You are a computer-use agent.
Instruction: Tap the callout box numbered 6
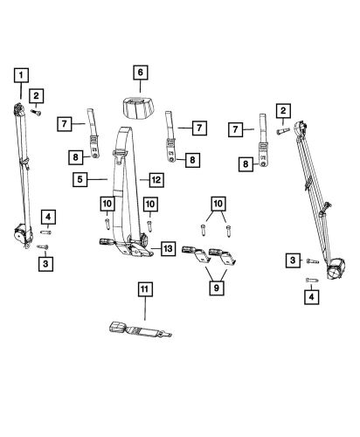click(x=139, y=73)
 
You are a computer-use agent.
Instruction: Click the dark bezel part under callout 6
click(x=139, y=108)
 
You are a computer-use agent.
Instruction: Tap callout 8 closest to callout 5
click(x=77, y=156)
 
